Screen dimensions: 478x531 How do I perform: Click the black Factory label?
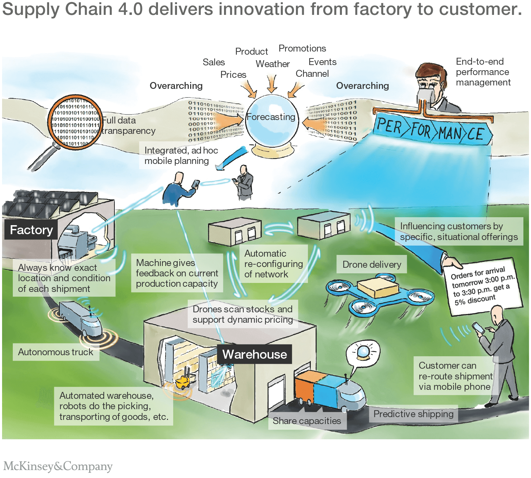pyautogui.click(x=31, y=230)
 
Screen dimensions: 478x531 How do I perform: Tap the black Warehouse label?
pyautogui.click(x=254, y=354)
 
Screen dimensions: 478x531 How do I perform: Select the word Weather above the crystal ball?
pyautogui.click(x=272, y=64)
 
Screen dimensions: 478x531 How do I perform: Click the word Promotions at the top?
pyautogui.click(x=302, y=48)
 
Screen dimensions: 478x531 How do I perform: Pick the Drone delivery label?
pyautogui.click(x=372, y=265)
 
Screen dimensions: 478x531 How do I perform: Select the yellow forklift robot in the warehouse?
pyautogui.click(x=182, y=381)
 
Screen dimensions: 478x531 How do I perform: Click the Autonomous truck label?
pyautogui.click(x=56, y=352)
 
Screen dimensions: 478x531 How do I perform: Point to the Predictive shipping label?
pyautogui.click(x=413, y=414)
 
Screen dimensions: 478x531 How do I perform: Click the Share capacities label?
pyautogui.click(x=307, y=421)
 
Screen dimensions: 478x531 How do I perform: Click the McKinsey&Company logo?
pyautogui.click(x=58, y=466)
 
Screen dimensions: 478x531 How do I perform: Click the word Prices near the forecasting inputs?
pyautogui.click(x=233, y=75)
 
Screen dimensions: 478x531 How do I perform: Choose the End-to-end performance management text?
pyautogui.click(x=483, y=72)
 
